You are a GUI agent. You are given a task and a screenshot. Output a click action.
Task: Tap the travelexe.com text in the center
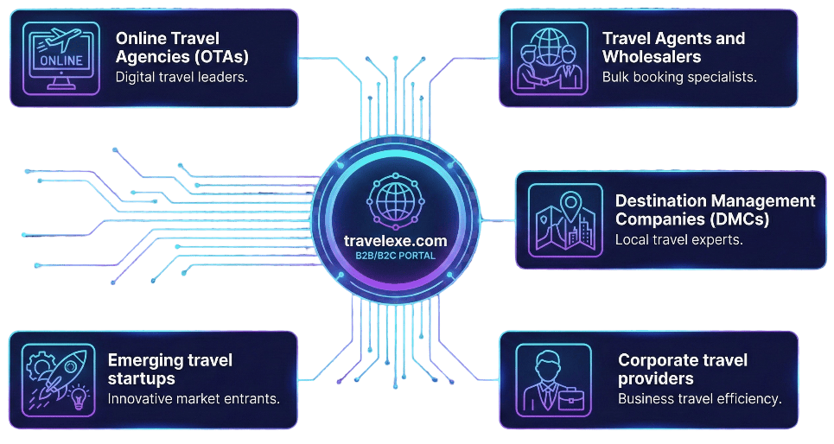coord(395,241)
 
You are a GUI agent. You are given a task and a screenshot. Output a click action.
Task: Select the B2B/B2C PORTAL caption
coord(395,256)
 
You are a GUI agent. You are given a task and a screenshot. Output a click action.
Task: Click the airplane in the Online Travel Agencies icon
coord(64,39)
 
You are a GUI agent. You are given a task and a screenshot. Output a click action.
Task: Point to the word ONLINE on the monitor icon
coord(61,60)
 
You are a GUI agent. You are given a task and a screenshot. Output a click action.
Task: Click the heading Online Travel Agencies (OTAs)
coord(181,48)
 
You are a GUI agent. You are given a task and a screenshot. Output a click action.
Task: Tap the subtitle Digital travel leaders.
coord(181,77)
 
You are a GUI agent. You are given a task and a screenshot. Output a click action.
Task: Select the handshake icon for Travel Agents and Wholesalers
coord(550,59)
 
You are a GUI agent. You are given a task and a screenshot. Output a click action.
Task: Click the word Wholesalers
coord(652,56)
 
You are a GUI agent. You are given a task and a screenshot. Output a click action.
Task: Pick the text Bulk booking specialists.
coord(679,77)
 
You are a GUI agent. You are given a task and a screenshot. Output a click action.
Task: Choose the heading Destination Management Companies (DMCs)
coord(715,210)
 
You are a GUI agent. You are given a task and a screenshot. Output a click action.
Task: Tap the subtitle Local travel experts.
coord(678,240)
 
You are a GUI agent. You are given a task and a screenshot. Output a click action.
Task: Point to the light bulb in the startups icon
coord(79,396)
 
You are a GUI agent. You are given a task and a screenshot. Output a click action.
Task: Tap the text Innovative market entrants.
coord(194,399)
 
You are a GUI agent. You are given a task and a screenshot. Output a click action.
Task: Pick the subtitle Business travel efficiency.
coord(699,399)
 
